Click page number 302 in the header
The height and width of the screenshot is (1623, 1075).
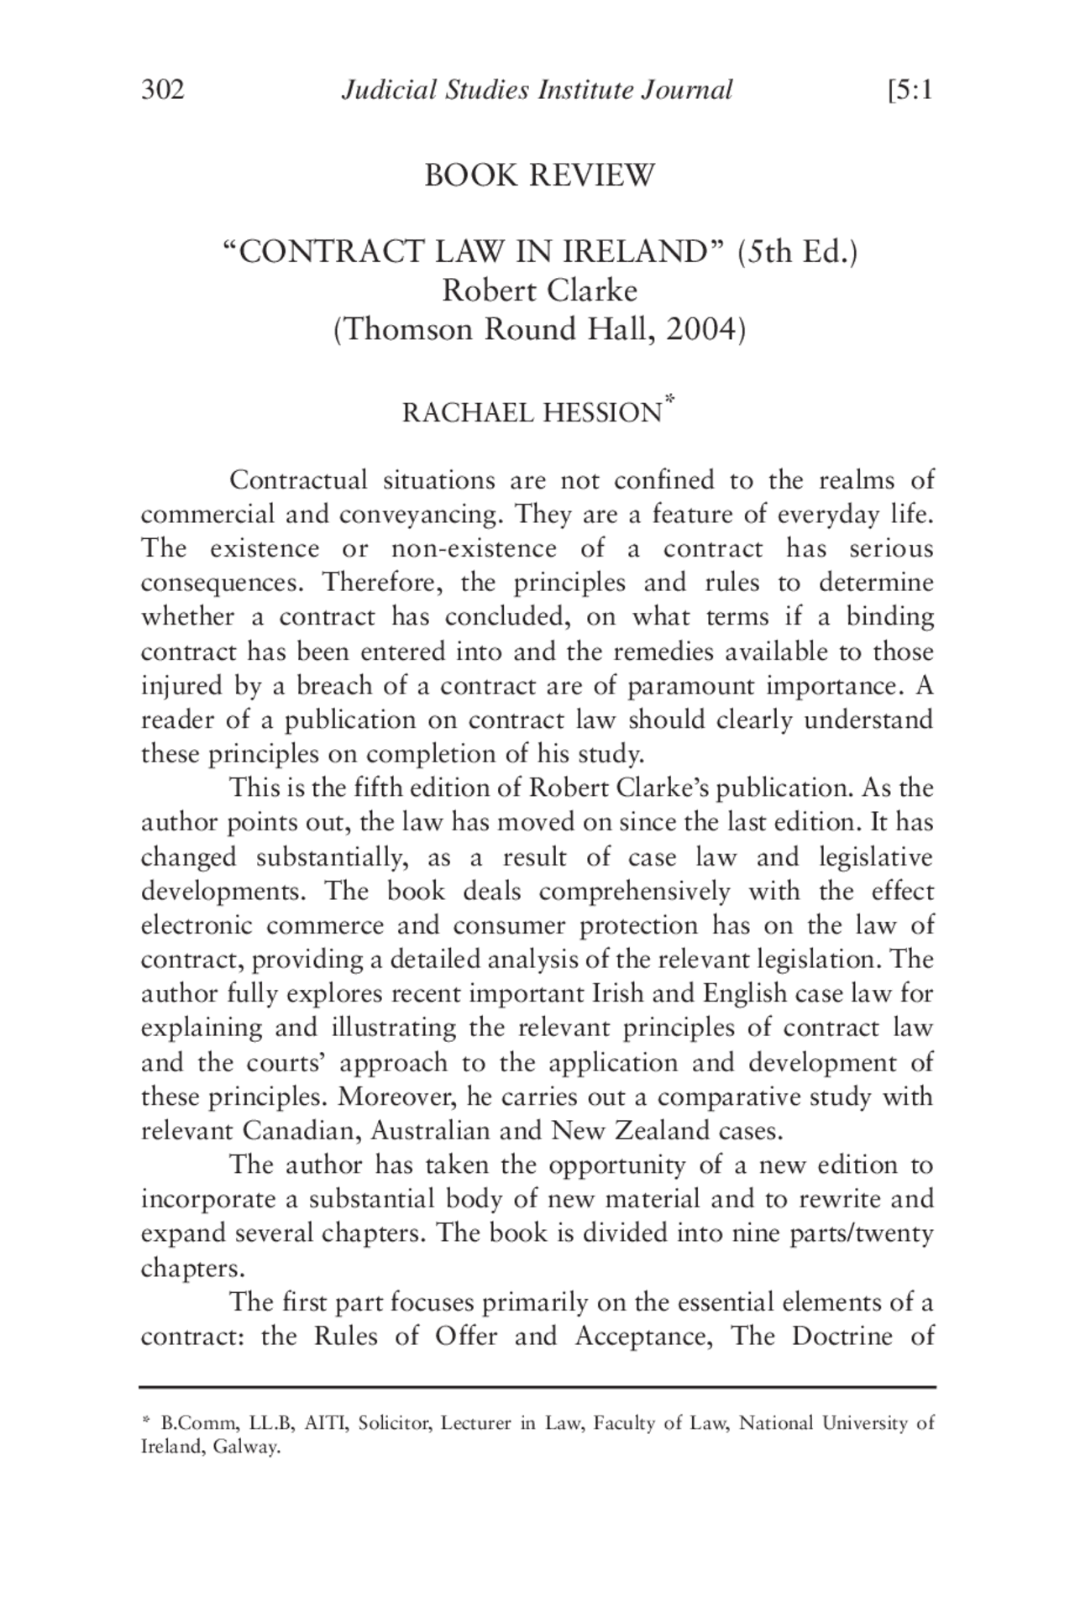pyautogui.click(x=162, y=90)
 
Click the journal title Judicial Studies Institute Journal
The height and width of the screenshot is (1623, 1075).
pyautogui.click(x=537, y=90)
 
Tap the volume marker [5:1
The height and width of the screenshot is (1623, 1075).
pyautogui.click(x=910, y=90)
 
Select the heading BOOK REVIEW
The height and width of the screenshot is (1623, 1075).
pyautogui.click(x=538, y=175)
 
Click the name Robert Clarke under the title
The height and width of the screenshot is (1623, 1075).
pyautogui.click(x=539, y=291)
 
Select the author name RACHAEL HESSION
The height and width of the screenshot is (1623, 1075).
pyautogui.click(x=532, y=413)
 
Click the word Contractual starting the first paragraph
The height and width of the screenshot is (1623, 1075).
pyautogui.click(x=298, y=480)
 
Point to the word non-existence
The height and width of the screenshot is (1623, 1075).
pyautogui.click(x=474, y=549)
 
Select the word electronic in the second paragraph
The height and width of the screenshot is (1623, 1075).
pyautogui.click(x=196, y=925)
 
